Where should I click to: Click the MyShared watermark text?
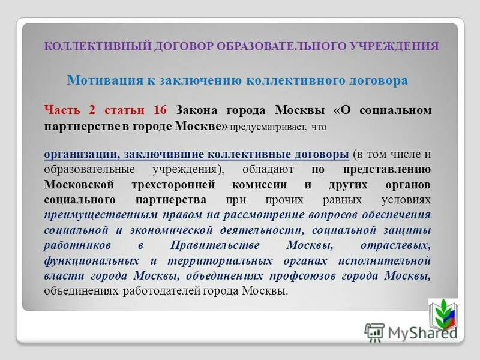(x=420, y=332)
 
